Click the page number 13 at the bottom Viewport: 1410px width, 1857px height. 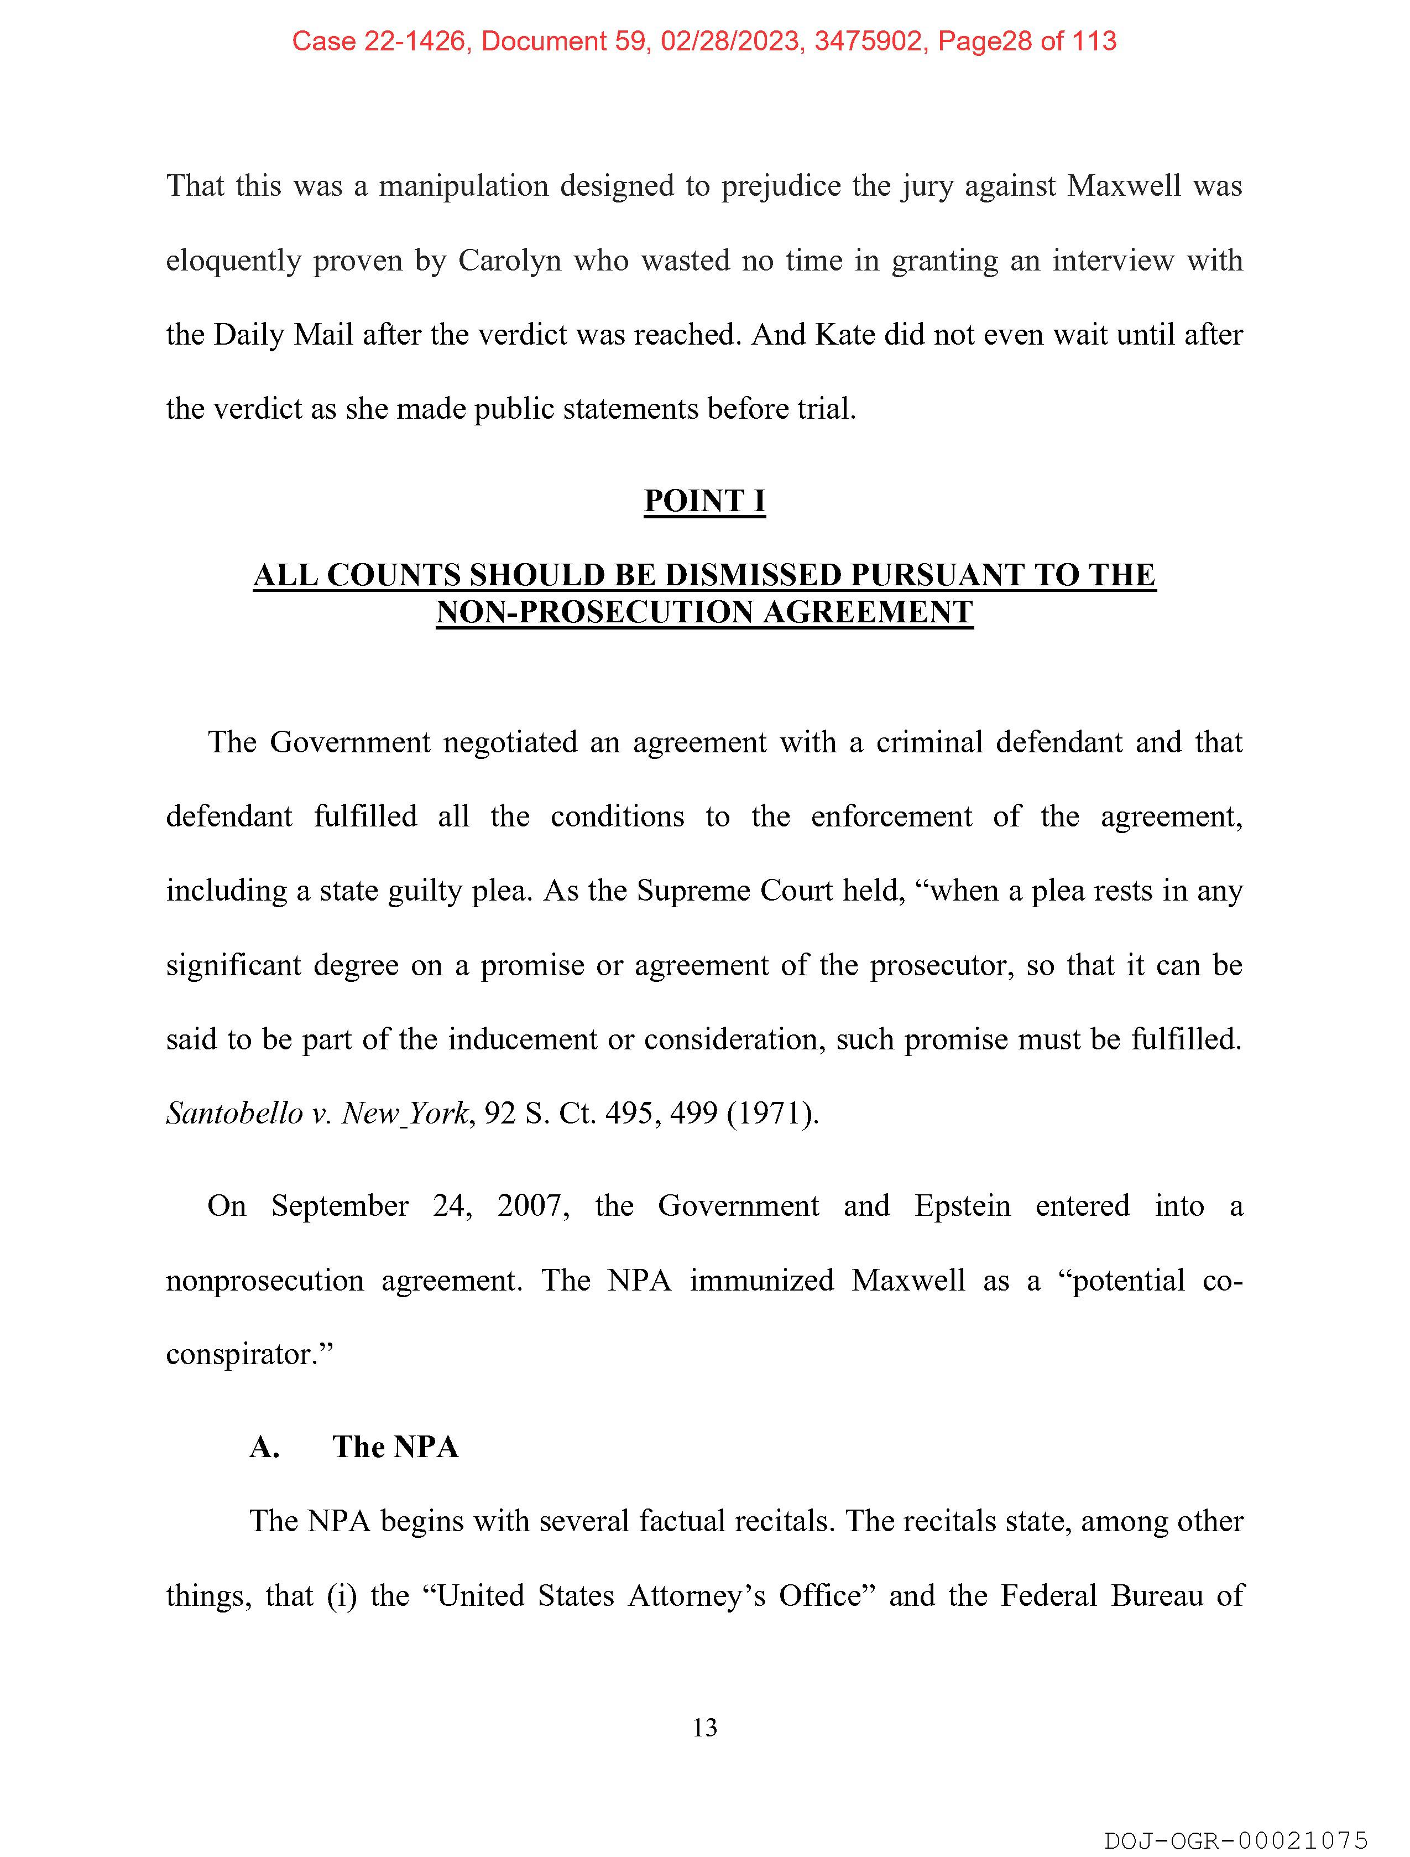(x=705, y=1728)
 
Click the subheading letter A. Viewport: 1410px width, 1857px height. (x=264, y=1447)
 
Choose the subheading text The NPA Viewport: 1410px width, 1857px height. (x=395, y=1447)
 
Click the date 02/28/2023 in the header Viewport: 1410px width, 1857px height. (x=729, y=41)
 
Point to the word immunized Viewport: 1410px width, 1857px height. (x=761, y=1280)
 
